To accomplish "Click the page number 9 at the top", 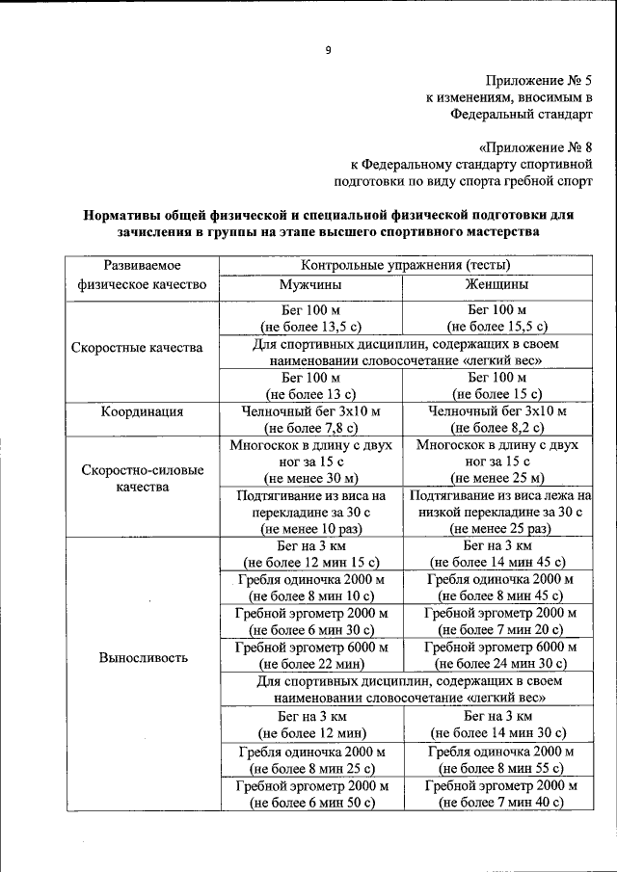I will (x=328, y=50).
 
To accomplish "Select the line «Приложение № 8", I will (x=535, y=147).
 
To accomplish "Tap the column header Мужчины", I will (x=310, y=285).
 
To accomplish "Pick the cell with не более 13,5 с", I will (x=310, y=318).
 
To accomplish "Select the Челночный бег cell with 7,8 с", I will (x=310, y=419).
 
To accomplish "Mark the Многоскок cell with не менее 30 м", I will (x=310, y=462).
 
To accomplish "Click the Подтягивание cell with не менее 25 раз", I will (x=499, y=512).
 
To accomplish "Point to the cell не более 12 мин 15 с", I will (x=310, y=554).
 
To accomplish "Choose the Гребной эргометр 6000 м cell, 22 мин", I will (x=310, y=655).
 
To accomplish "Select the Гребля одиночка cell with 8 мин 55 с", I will (x=499, y=760).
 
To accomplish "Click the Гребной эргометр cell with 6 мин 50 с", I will (x=310, y=794).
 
